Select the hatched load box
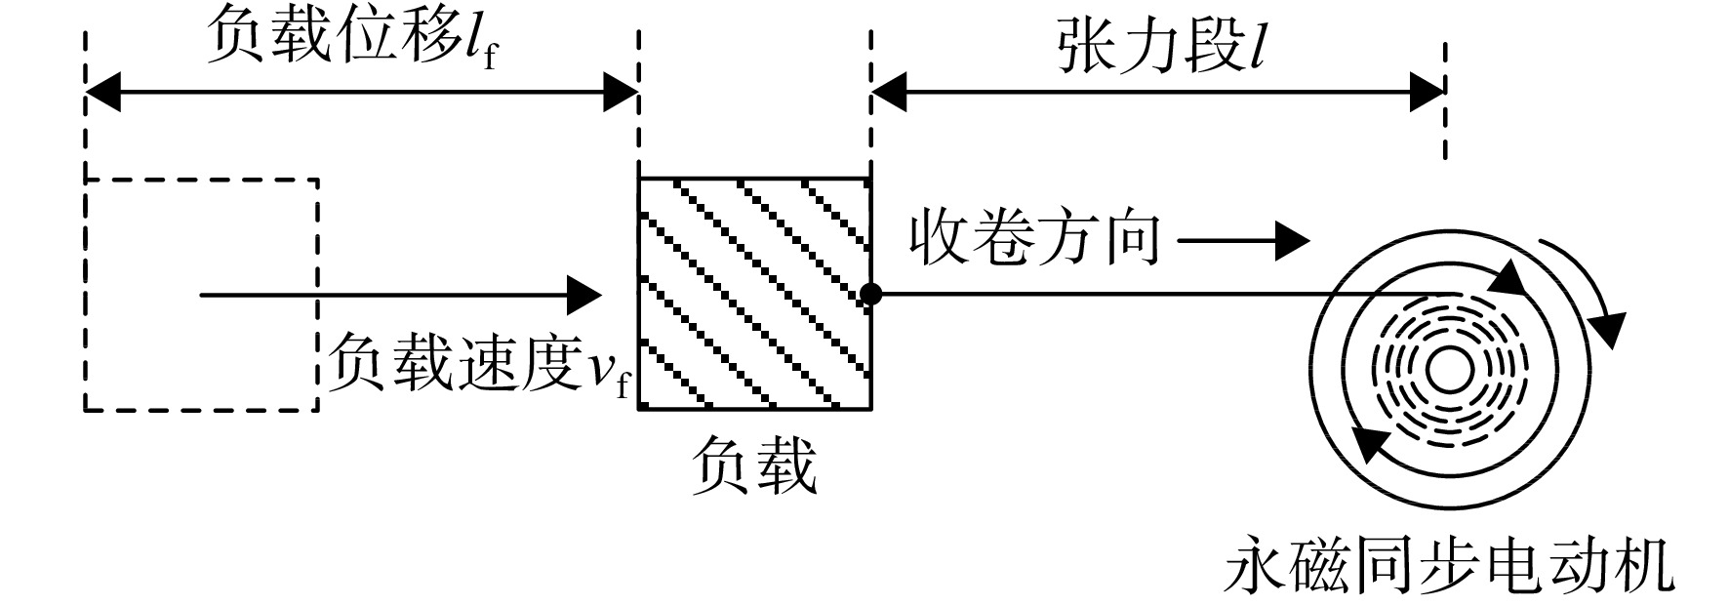(x=754, y=294)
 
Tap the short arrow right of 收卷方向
(x=1242, y=240)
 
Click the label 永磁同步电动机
(x=1450, y=567)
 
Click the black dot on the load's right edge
(x=871, y=294)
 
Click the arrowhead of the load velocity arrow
(x=583, y=294)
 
